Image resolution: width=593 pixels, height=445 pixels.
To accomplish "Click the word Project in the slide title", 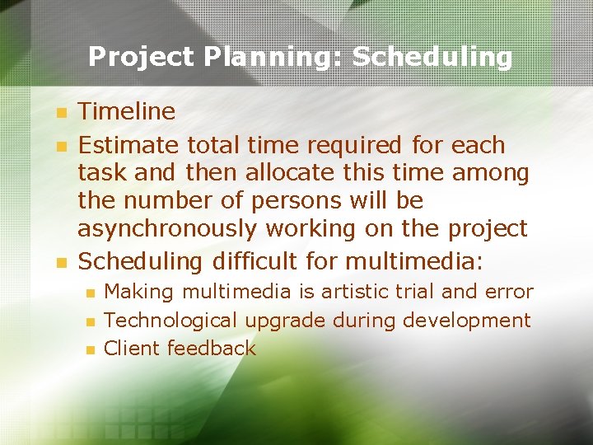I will click(x=141, y=58).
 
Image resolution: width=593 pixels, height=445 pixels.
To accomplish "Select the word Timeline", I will click(x=126, y=111).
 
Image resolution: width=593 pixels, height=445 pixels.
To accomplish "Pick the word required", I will click(x=355, y=145).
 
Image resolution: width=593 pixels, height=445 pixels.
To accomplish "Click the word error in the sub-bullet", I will click(x=511, y=292).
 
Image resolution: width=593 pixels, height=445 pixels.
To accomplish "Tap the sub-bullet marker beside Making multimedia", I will click(x=90, y=293).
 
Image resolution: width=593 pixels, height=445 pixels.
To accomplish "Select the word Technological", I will click(x=170, y=321).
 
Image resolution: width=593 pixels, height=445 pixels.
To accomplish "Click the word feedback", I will click(x=212, y=348).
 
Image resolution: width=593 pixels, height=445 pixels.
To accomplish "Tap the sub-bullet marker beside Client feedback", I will click(x=90, y=349).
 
